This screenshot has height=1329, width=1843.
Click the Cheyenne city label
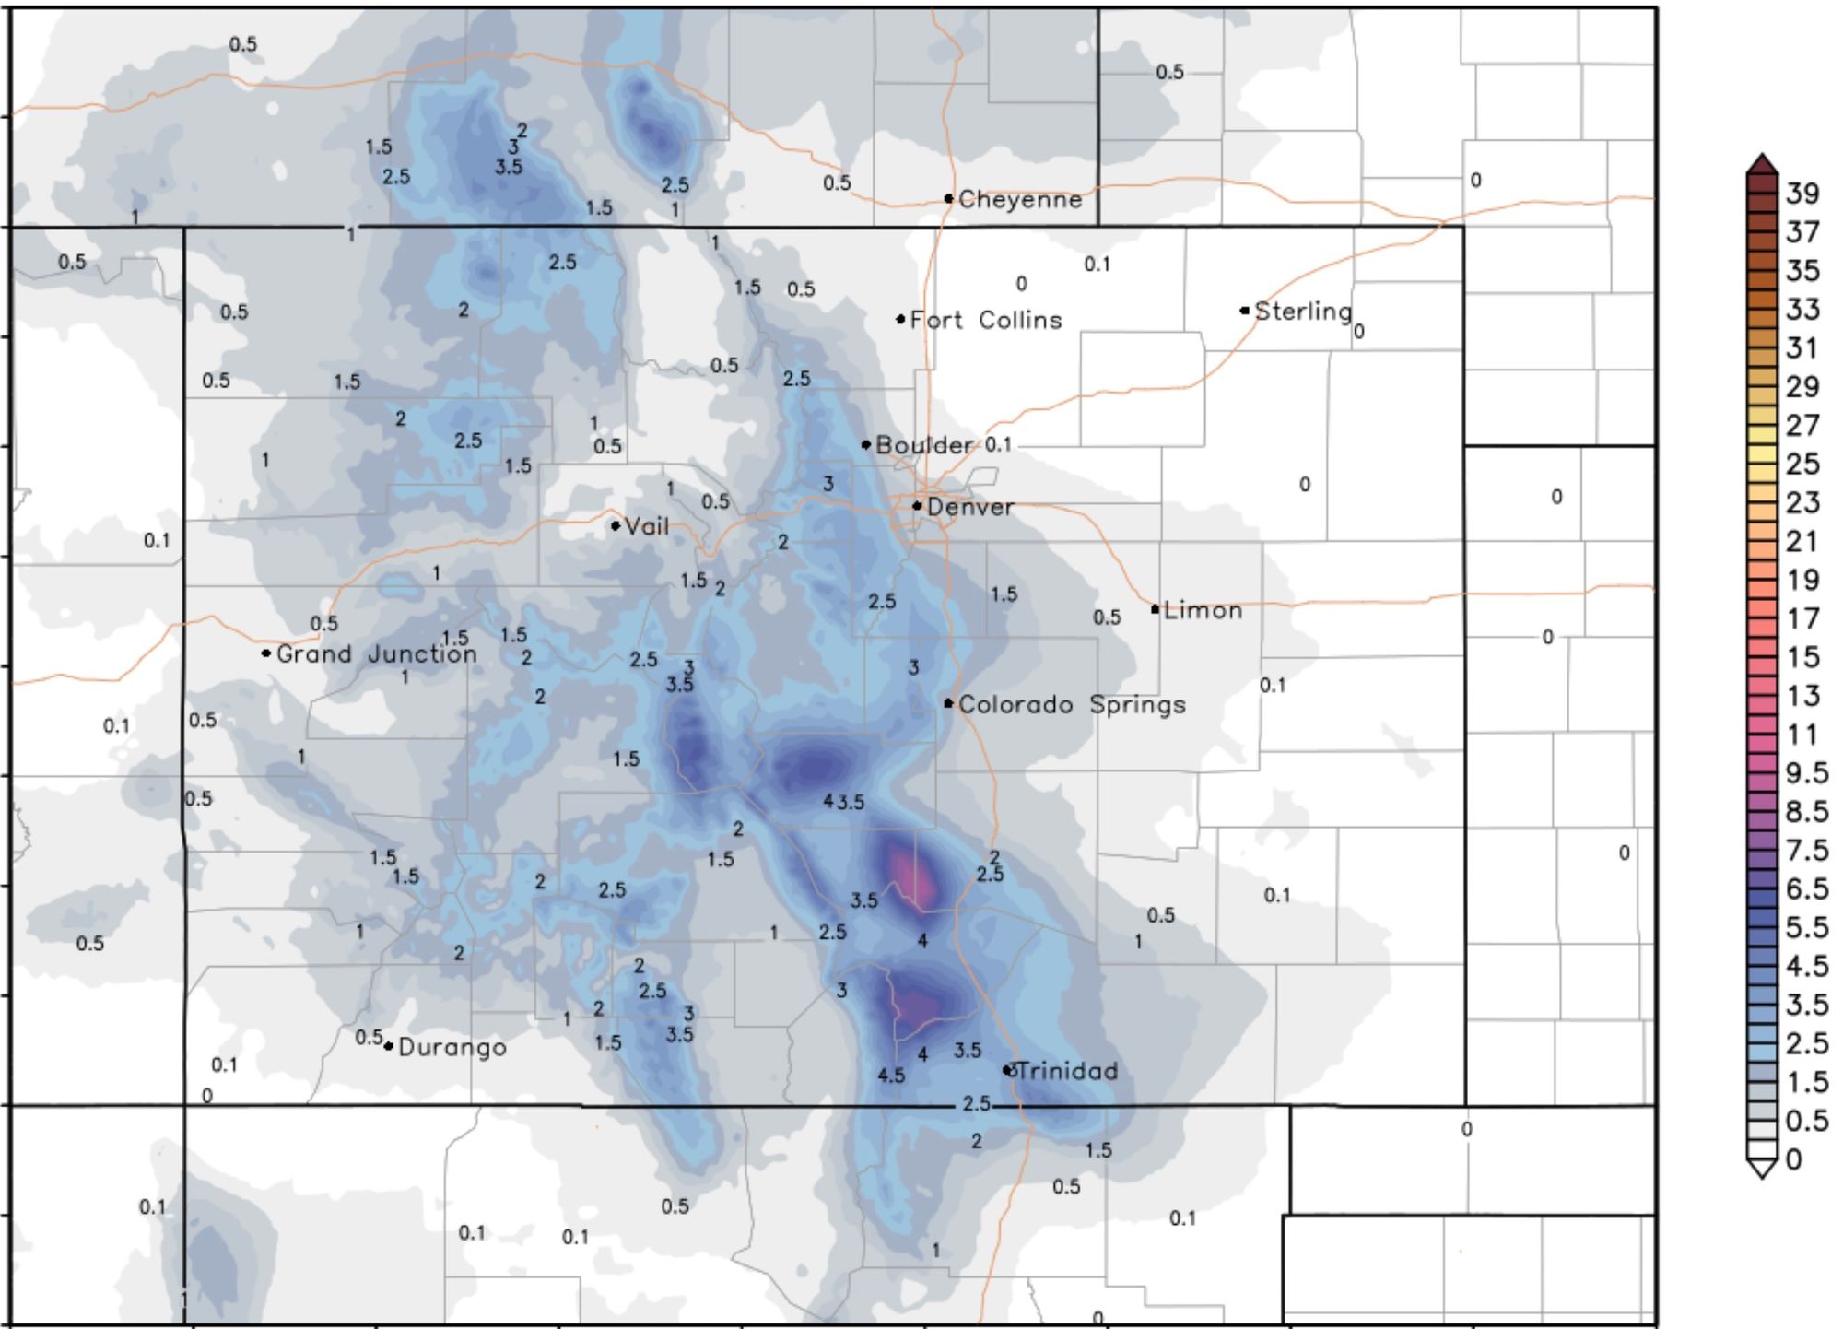tap(1020, 199)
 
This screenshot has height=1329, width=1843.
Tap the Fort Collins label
tap(985, 320)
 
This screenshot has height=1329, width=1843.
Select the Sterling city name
tap(1303, 312)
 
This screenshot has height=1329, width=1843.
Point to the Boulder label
tap(923, 445)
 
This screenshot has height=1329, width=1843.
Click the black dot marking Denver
tap(917, 505)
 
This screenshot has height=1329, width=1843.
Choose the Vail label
tap(646, 526)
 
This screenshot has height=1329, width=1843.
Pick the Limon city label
tap(1203, 610)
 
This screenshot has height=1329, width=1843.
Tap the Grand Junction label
tap(377, 653)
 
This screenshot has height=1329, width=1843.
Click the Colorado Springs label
tap(1072, 704)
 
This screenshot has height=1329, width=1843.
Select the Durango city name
tap(452, 1047)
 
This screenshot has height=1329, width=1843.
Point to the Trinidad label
tap(1067, 1071)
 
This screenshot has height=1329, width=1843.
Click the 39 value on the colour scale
tap(1802, 194)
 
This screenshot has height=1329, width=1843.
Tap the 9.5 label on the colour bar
tap(1806, 772)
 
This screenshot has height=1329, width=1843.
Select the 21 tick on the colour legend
tap(1802, 541)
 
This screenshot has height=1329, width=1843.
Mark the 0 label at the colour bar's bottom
tap(1793, 1158)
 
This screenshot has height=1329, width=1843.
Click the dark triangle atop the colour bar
tap(1761, 164)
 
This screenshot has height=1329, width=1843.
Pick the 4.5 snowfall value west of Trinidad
tap(891, 1076)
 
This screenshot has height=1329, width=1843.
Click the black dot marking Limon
tap(1155, 609)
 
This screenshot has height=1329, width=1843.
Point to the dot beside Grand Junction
tap(266, 653)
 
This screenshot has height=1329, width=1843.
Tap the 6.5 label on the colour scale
tap(1806, 888)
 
